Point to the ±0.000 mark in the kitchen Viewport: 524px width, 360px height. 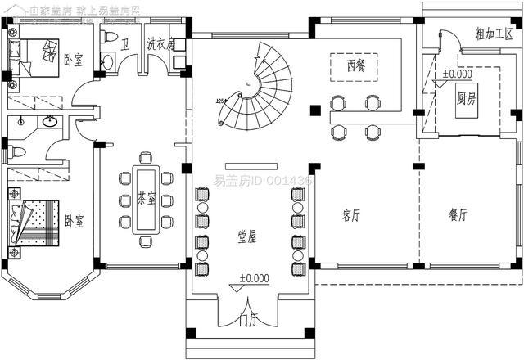pos(458,74)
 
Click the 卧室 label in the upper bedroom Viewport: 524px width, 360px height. pos(72,60)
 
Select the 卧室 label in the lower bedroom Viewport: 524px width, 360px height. pos(74,221)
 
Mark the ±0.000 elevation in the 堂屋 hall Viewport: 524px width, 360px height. pos(254,278)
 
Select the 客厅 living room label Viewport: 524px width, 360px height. pos(351,216)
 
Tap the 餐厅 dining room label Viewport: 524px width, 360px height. pos(458,215)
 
